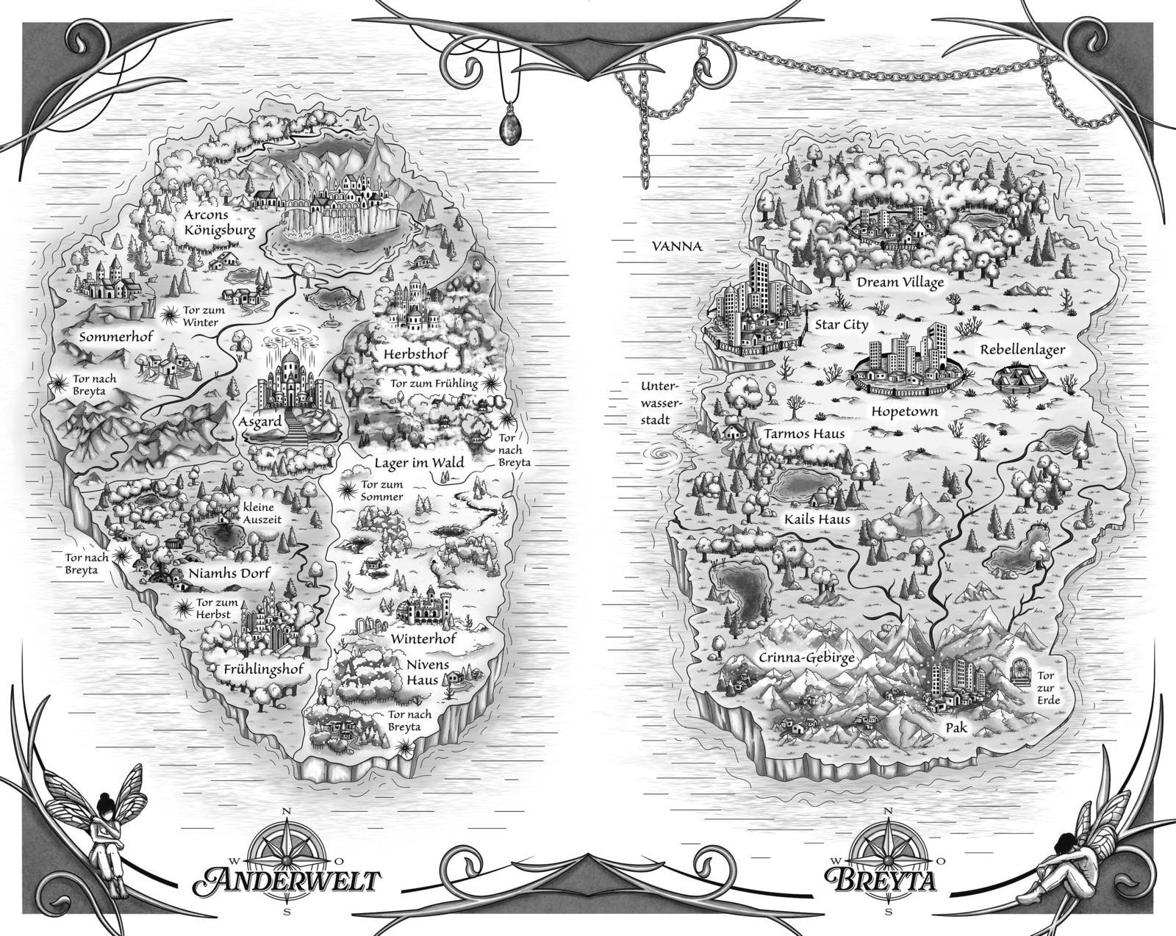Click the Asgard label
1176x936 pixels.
[x=259, y=422]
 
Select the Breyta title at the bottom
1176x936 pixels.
[x=881, y=879]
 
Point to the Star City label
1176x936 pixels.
[x=841, y=324]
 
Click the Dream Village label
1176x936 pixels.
[x=900, y=282]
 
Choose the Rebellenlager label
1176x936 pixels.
[x=1022, y=350]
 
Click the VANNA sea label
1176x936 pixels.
[x=677, y=247]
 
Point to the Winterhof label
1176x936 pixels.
[x=423, y=638]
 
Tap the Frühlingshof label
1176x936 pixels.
[x=264, y=669]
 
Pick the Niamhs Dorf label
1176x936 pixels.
[x=229, y=573]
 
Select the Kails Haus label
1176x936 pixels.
[x=817, y=519]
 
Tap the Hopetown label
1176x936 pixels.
[x=904, y=411]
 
